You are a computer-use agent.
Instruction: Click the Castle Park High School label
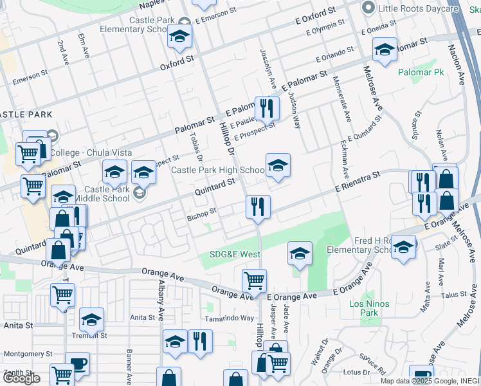[217, 170]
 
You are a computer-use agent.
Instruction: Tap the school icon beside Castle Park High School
[278, 166]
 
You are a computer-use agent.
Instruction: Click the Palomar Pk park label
[421, 73]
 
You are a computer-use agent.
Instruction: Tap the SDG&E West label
[235, 254]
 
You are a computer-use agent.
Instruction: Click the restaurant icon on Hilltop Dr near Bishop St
[257, 207]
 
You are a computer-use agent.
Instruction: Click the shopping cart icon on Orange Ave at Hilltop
[254, 281]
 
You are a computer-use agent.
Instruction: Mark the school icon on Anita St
[91, 320]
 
